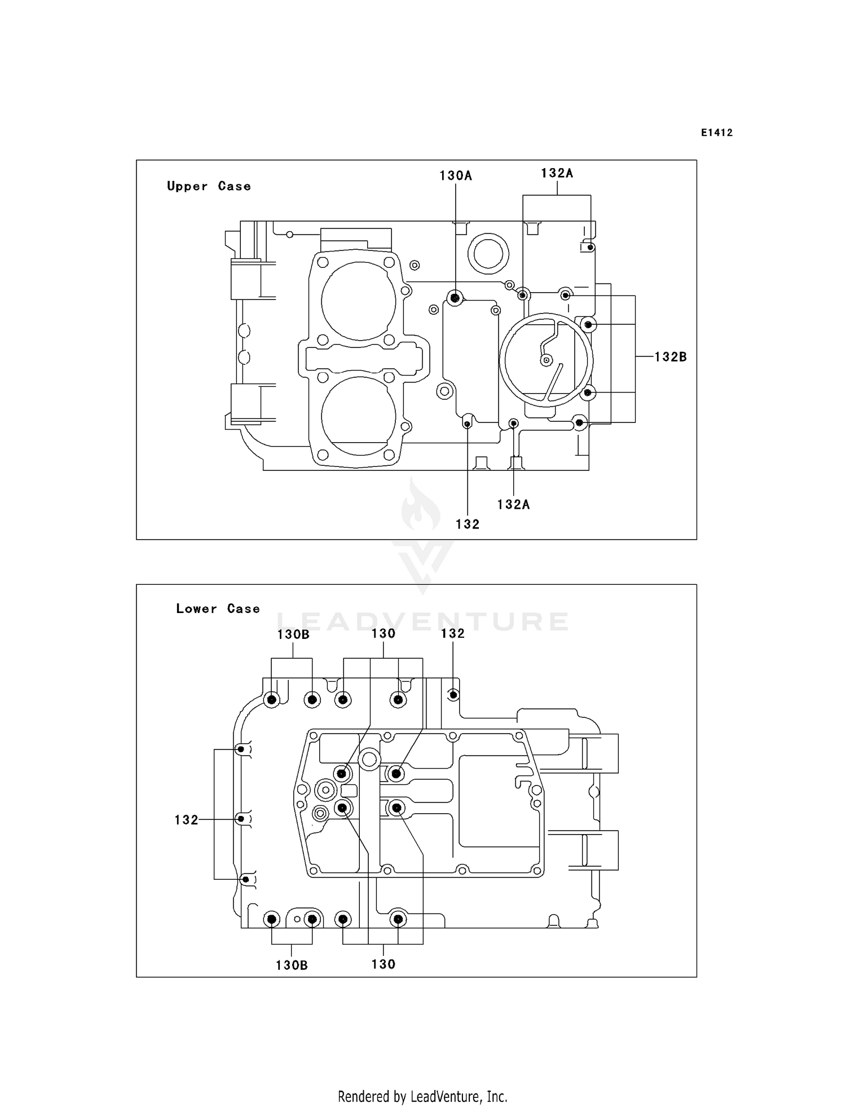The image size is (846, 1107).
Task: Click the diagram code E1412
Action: tap(717, 133)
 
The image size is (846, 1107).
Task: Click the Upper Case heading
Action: tap(209, 186)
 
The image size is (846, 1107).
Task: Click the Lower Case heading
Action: tap(218, 608)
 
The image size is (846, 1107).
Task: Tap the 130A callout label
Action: tap(456, 176)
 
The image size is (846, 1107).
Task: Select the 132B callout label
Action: tap(671, 357)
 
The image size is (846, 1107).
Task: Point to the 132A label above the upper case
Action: tap(557, 174)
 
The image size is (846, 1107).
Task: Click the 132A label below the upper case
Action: tap(513, 505)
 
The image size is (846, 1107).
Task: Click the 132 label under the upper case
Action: tap(468, 524)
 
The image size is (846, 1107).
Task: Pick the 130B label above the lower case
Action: tap(293, 634)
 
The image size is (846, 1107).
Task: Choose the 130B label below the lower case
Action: tap(292, 965)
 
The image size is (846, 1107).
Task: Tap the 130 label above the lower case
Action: tap(384, 634)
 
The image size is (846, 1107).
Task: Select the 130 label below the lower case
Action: tap(384, 964)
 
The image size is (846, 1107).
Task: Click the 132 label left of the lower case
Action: tap(186, 820)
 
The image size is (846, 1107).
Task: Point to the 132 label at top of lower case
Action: tap(453, 634)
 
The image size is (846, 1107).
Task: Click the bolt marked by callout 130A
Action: tap(455, 297)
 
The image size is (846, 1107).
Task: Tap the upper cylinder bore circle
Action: tap(359, 302)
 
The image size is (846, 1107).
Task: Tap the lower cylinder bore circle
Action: tap(359, 416)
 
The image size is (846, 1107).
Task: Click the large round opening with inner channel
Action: tap(545, 360)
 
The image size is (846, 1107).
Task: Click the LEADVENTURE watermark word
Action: tap(423, 621)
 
